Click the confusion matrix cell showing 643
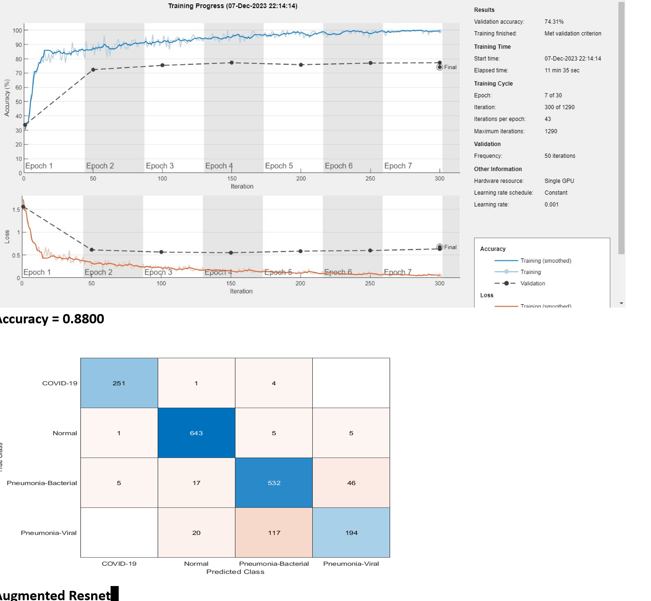click(196, 433)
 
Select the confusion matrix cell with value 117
click(274, 532)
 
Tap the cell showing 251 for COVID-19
click(119, 383)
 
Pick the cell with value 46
click(351, 482)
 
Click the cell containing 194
click(351, 532)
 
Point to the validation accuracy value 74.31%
click(554, 22)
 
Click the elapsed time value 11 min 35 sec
click(561, 70)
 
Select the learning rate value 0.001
click(551, 204)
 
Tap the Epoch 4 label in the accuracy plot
click(219, 166)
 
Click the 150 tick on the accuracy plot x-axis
click(232, 178)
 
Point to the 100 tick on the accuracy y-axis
click(17, 30)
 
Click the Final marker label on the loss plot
click(450, 247)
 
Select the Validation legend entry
click(532, 283)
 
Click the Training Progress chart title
click(233, 6)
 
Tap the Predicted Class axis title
click(235, 571)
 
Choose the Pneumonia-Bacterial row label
click(42, 483)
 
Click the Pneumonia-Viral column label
click(351, 563)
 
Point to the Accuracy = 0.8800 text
click(52, 319)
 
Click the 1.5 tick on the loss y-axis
click(16, 210)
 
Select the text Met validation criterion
click(572, 34)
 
